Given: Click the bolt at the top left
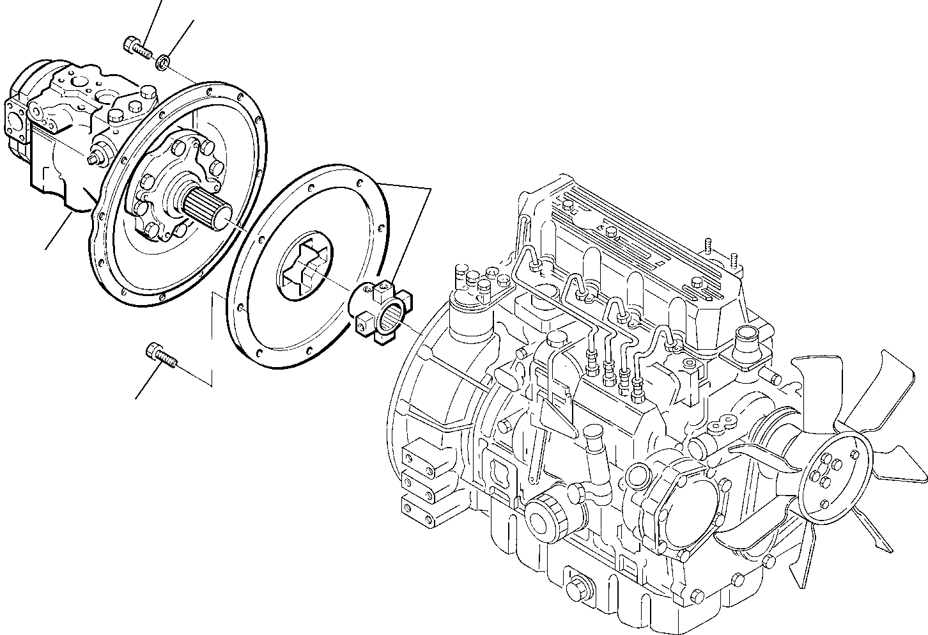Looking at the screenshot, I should [x=135, y=47].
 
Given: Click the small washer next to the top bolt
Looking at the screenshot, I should [x=163, y=61].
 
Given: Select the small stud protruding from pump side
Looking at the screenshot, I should [x=98, y=157].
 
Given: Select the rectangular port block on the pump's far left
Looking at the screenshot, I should [x=16, y=122].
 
